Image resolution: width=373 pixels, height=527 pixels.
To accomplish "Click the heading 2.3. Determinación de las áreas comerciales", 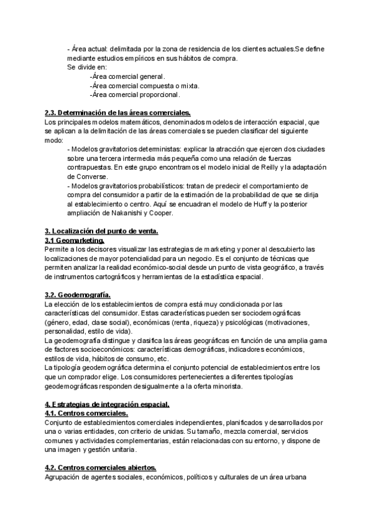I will pyautogui.click(x=117, y=113).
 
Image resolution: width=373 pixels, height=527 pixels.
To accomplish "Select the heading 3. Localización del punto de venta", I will pyautogui.click(x=102, y=231).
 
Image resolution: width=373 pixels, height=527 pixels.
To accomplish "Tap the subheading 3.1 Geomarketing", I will pyautogui.click(x=75, y=240).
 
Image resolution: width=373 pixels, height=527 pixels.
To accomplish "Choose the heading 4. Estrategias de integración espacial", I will pyautogui.click(x=107, y=405).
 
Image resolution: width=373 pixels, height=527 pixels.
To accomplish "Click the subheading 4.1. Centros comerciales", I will pyautogui.click(x=86, y=413).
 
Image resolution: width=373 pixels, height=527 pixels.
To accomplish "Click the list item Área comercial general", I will pyautogui.click(x=127, y=76).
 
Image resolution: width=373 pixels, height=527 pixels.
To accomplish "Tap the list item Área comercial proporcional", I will pyautogui.click(x=135, y=95).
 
